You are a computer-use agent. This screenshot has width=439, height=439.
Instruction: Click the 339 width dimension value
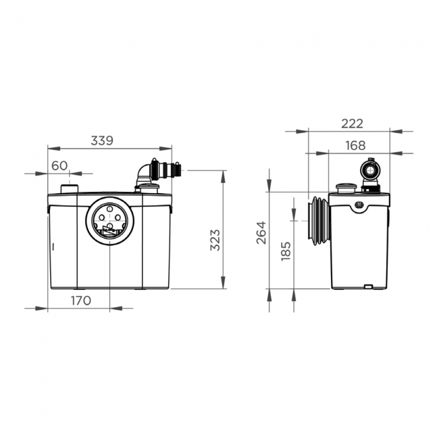[101, 140]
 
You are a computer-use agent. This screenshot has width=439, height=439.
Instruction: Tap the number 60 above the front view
[59, 165]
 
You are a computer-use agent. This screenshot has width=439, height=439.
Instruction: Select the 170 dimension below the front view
[80, 301]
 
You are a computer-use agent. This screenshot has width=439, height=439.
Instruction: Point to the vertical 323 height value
[215, 238]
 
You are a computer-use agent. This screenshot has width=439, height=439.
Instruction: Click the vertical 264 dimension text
[261, 232]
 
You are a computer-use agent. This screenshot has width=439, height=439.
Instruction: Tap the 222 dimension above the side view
[352, 123]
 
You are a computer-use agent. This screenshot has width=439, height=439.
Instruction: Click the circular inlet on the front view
[108, 220]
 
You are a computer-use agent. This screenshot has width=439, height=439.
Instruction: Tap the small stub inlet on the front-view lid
[70, 189]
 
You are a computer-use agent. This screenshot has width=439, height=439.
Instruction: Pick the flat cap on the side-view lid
[346, 188]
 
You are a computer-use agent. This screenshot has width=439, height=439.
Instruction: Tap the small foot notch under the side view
[367, 287]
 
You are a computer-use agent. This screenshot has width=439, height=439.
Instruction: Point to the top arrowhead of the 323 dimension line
[223, 174]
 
